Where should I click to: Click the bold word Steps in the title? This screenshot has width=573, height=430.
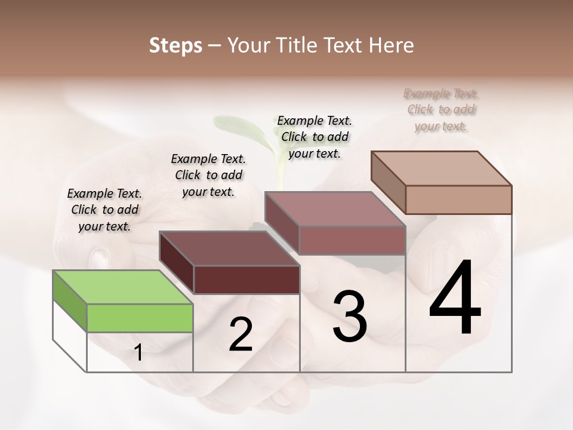click(x=175, y=45)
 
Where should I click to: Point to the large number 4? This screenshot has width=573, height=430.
click(x=455, y=299)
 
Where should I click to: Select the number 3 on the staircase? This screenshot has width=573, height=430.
click(x=350, y=316)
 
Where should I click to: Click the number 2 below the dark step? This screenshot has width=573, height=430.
click(x=241, y=334)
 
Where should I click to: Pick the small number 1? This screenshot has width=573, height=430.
click(x=138, y=353)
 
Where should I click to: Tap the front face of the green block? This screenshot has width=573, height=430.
click(x=140, y=318)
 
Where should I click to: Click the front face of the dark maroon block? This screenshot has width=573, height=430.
click(x=247, y=279)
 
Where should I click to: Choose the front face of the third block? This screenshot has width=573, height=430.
click(x=352, y=240)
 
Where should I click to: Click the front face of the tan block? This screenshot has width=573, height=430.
click(x=458, y=199)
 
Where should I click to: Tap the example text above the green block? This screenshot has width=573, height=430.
click(x=104, y=210)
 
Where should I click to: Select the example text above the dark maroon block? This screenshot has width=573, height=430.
click(x=208, y=175)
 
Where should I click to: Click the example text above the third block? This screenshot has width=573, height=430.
click(x=315, y=137)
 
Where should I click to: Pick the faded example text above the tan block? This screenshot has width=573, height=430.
click(x=441, y=109)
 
